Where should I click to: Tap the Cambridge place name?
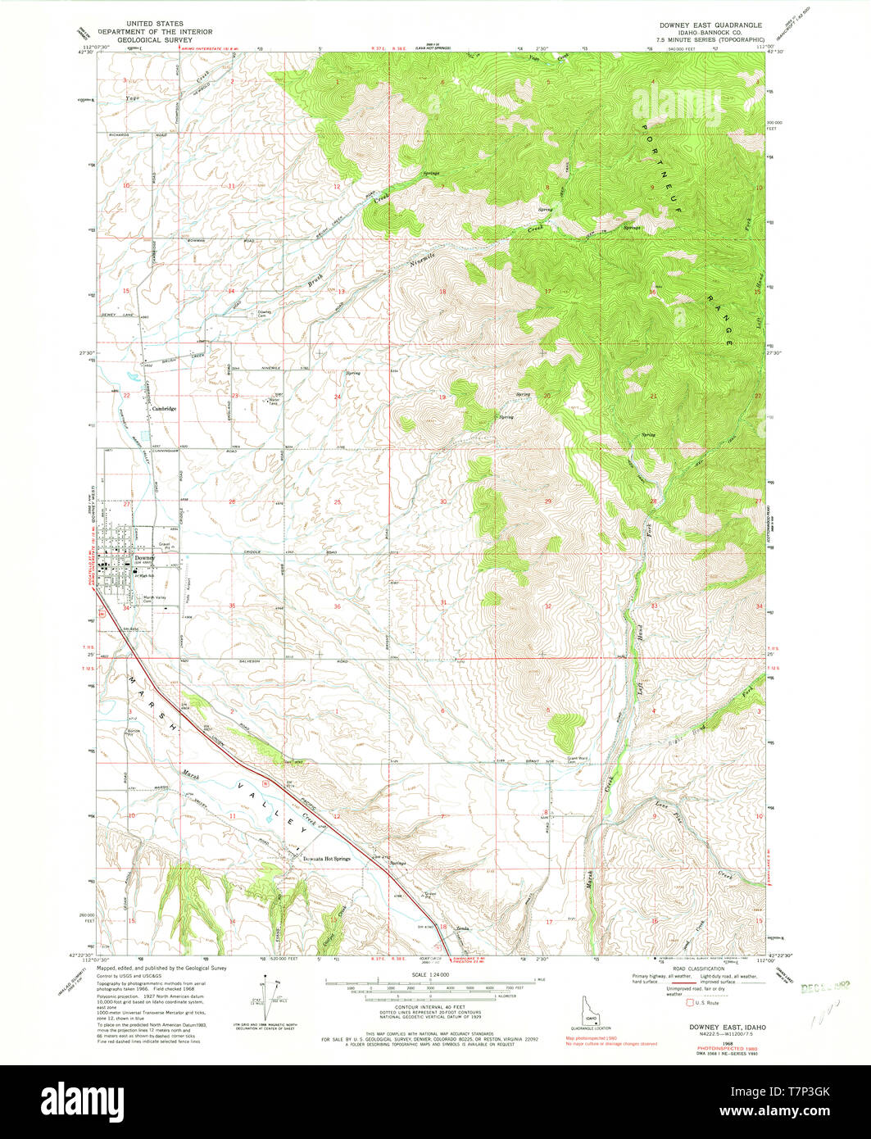[163, 407]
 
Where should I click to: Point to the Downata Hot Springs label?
[326, 859]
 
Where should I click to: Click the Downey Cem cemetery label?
[265, 314]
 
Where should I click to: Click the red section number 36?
[315, 606]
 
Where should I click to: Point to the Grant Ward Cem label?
[579, 760]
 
